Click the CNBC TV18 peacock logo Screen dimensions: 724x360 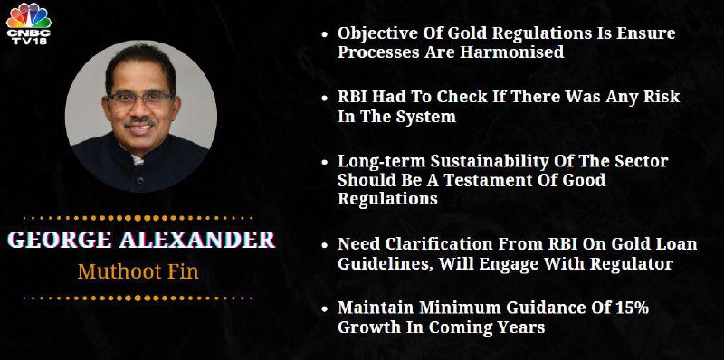[29, 24]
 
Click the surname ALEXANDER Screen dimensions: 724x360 [197, 240]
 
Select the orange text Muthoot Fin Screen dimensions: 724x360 [138, 271]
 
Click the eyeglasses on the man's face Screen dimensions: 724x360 [140, 99]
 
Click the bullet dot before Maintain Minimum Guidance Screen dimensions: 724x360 [325, 308]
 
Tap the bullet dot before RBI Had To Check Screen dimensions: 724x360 [325, 98]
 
